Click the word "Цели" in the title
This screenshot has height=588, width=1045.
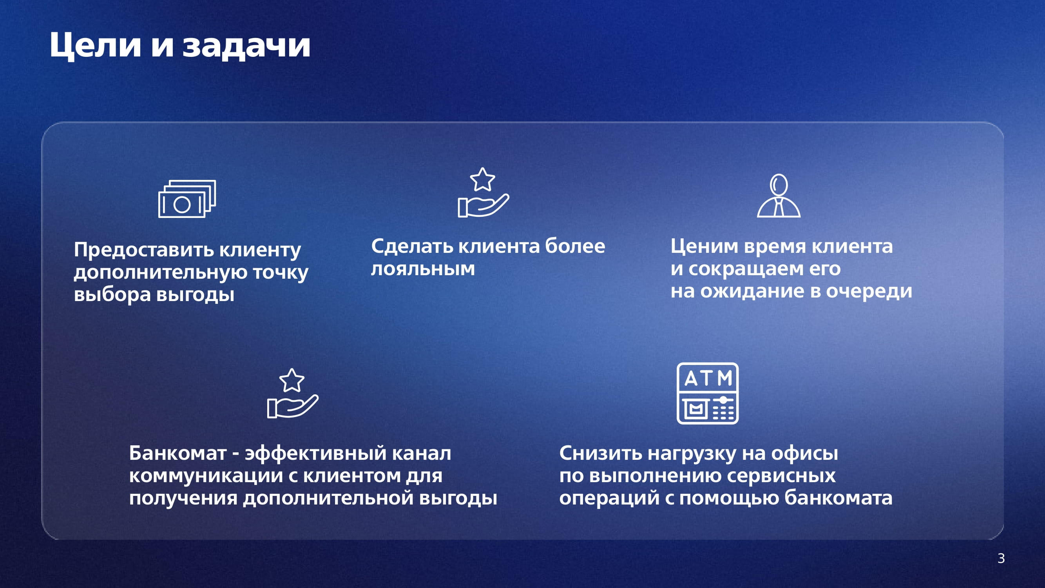click(96, 45)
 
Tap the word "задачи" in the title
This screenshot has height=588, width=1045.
click(246, 45)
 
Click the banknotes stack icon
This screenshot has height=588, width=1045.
click(187, 199)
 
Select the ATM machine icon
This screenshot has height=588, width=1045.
click(708, 393)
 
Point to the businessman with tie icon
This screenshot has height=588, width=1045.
click(779, 196)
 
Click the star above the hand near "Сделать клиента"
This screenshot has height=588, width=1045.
click(482, 180)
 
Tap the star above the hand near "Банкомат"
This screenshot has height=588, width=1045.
click(292, 380)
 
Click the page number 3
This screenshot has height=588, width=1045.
click(1001, 558)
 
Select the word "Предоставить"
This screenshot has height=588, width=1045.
click(144, 249)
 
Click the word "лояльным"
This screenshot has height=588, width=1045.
click(423, 269)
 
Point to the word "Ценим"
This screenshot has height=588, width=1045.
click(704, 246)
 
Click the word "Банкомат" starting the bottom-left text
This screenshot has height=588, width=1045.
click(177, 453)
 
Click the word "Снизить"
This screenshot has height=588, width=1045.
click(601, 453)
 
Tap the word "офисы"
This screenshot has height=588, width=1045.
click(804, 453)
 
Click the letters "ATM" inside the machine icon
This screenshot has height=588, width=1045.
click(708, 378)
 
